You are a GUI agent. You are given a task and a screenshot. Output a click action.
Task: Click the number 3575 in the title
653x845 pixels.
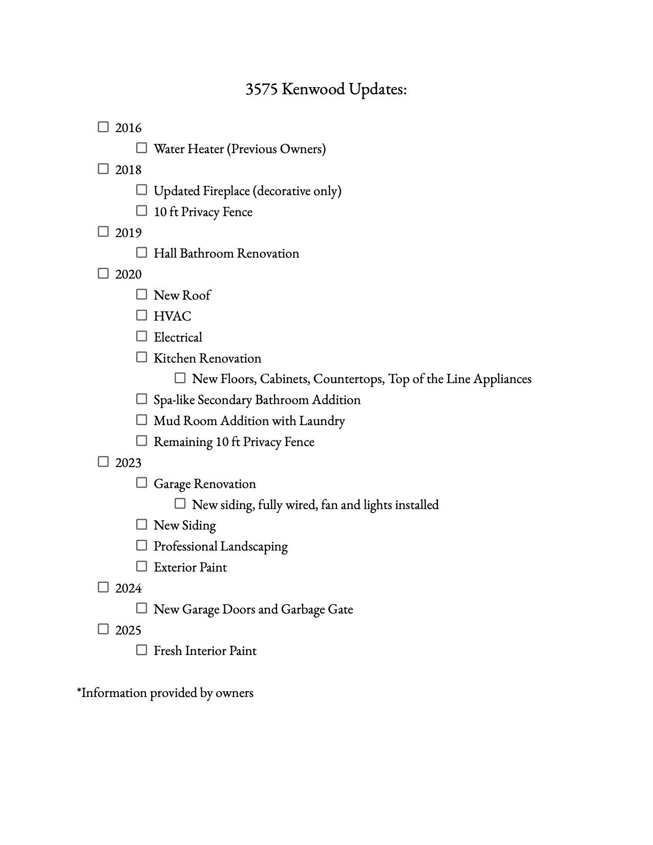pyautogui.click(x=261, y=89)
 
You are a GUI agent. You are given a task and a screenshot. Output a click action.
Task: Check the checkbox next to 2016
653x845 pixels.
pyautogui.click(x=103, y=127)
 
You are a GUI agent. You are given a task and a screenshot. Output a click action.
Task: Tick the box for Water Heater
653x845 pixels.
pyautogui.click(x=142, y=148)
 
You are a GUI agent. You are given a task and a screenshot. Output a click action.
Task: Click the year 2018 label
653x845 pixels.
pyautogui.click(x=128, y=170)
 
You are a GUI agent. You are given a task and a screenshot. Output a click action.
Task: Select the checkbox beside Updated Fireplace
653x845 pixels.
pyautogui.click(x=142, y=190)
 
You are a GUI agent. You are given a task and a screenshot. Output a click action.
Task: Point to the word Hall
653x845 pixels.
pyautogui.click(x=165, y=253)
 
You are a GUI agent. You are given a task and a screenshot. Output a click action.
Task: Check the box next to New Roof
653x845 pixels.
pyautogui.click(x=142, y=294)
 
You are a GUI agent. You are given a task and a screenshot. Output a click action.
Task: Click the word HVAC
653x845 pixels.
pyautogui.click(x=172, y=316)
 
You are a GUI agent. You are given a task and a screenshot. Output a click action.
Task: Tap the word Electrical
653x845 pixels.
pyautogui.click(x=178, y=337)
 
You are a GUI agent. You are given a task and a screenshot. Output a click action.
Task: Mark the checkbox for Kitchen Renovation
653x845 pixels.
pyautogui.click(x=142, y=357)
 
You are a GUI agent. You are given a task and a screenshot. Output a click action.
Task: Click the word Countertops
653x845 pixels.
pyautogui.click(x=348, y=379)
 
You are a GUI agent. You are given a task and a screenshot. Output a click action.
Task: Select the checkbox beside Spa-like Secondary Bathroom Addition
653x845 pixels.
pyautogui.click(x=142, y=399)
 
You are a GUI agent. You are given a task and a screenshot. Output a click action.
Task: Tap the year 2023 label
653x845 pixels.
pyautogui.click(x=128, y=463)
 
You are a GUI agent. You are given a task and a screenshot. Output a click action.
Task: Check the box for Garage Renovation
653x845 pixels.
pyautogui.click(x=142, y=483)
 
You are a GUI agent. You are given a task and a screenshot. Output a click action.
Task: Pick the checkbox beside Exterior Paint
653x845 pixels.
pyautogui.click(x=142, y=566)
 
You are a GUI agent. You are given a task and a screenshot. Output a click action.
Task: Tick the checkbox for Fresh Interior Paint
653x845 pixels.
pyautogui.click(x=142, y=650)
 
